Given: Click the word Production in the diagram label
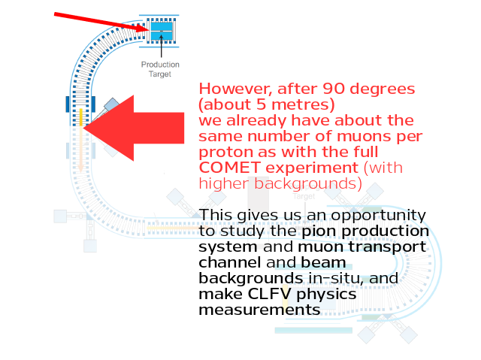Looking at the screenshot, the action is click(x=160, y=65).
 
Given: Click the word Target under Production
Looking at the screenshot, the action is click(x=160, y=74).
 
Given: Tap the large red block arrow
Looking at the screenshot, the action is click(x=134, y=129).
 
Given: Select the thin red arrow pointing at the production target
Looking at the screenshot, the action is click(x=102, y=22).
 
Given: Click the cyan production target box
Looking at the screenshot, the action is click(x=162, y=31).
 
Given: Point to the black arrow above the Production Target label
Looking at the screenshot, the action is click(x=162, y=46).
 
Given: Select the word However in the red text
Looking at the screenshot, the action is click(x=235, y=89).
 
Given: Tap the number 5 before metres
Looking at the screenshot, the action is click(x=261, y=104).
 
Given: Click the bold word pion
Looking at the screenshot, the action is click(x=319, y=231).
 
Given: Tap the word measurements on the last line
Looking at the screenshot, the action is click(x=259, y=310).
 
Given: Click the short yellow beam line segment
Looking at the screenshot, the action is click(x=81, y=117).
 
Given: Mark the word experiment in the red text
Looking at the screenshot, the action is click(x=312, y=168).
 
